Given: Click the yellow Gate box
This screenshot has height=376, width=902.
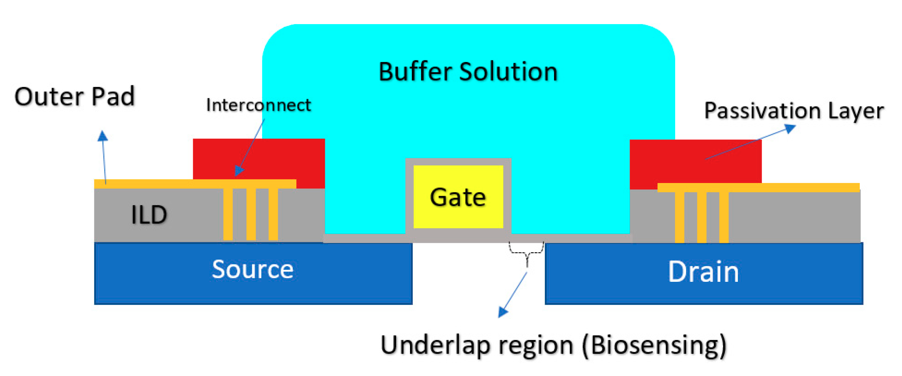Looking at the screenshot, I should coord(458,197).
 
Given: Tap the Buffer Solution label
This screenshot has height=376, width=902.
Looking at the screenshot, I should coord(468,72).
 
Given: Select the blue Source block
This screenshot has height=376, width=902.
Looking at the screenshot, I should coord(253,273).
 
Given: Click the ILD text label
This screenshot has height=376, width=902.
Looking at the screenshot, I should coord(149,214).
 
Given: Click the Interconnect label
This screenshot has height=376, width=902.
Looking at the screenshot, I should coord(258,105).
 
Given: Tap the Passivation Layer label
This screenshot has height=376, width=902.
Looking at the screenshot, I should coord(794,111).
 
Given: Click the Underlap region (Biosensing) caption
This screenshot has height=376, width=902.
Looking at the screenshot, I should coord(553,345).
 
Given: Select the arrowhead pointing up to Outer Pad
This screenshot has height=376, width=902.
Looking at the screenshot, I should coord(102,136).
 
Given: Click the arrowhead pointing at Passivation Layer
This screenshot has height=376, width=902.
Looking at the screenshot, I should coord(790,129).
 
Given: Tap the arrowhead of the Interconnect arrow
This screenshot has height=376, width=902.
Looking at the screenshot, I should coord(239,171).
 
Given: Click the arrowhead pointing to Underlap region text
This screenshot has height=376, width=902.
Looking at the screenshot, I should coord(503,312).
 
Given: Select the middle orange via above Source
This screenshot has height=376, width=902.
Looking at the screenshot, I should coord(251,214).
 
